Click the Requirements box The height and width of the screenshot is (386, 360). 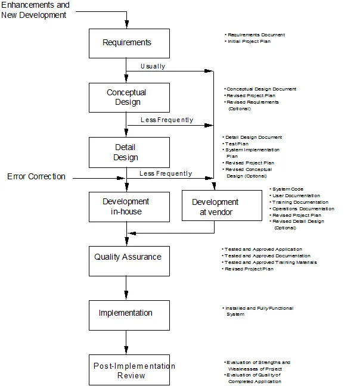(129, 43)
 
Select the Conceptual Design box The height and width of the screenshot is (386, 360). (129, 98)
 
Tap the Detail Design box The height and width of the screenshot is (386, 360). (129, 152)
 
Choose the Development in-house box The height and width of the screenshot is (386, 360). (129, 207)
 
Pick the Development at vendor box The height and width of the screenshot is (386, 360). (222, 206)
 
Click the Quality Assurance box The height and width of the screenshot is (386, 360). (129, 261)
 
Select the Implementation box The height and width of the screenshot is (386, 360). (129, 315)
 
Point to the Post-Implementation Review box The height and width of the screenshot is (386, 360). (129, 370)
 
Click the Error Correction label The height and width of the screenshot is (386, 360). (36, 176)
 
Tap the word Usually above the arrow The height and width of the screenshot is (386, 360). (153, 67)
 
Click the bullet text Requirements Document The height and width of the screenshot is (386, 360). (256, 35)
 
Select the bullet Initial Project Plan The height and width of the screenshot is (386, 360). (249, 41)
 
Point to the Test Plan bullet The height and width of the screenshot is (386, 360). (237, 144)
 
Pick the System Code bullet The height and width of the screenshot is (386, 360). (288, 189)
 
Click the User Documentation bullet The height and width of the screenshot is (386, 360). (296, 196)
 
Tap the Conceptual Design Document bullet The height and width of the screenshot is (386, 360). (261, 89)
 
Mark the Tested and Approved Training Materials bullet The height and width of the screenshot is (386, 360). (271, 263)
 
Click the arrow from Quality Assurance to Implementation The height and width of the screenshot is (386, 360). (126, 288)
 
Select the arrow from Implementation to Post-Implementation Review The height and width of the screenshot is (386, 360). (126, 342)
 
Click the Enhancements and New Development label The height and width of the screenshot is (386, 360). (35, 10)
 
